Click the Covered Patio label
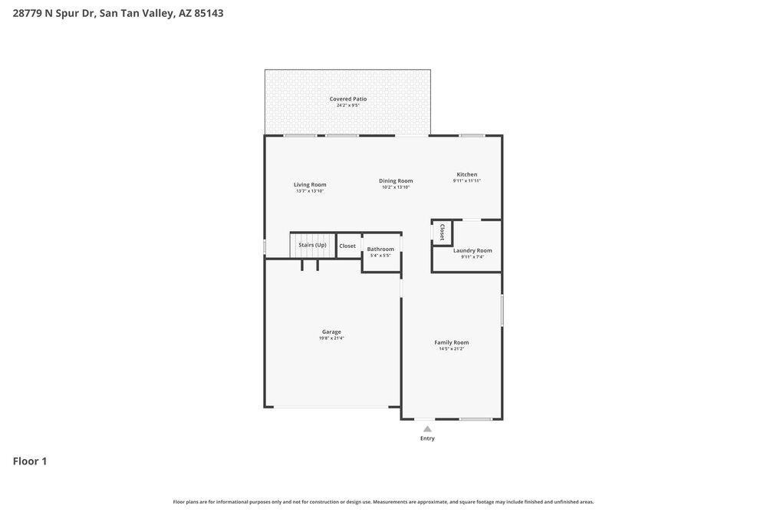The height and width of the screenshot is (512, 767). click(348, 98)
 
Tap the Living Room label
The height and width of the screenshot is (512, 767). click(310, 184)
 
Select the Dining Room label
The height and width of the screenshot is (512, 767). click(396, 180)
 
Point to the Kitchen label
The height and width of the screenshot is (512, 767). click(467, 174)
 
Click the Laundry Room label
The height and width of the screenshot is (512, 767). click(472, 250)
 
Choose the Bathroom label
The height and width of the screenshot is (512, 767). click(380, 249)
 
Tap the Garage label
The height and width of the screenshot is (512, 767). click(331, 332)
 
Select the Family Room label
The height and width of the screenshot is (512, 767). click(452, 342)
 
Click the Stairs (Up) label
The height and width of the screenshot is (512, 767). click(312, 245)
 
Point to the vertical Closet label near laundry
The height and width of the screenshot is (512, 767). click(443, 232)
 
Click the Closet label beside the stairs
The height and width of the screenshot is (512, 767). click(347, 246)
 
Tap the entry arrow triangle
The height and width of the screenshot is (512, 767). click(427, 429)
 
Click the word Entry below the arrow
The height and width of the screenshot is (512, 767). click(427, 438)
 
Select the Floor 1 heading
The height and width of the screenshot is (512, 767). click(30, 461)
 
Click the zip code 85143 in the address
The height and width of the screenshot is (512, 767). click(209, 13)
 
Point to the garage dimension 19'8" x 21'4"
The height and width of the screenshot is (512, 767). click(331, 339)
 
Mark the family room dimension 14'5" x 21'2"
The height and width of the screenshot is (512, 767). click(452, 349)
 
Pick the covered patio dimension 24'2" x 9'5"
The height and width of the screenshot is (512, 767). click(348, 105)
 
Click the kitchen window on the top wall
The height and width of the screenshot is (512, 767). click(472, 136)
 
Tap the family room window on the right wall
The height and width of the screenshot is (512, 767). click(502, 311)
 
